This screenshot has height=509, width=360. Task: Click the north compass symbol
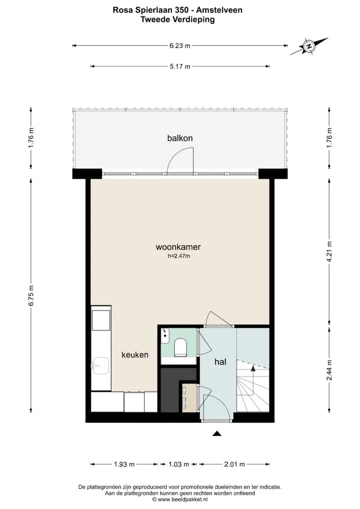coord(309,46)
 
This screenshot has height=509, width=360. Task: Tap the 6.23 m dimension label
coord(180,46)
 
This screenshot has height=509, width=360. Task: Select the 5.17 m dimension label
coord(180,66)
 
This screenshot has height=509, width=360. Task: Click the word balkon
coord(180,138)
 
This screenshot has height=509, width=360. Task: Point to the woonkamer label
coord(178,247)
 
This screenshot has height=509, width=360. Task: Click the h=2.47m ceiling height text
coord(178,256)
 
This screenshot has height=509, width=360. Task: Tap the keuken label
coord(134,355)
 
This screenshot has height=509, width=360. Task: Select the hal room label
coord(220,361)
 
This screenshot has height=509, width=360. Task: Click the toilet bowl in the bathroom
coord(179,347)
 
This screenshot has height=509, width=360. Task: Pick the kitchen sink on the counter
coord(100,366)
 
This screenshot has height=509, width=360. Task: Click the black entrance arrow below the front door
coord(217,433)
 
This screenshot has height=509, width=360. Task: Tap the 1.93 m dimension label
coord(124,464)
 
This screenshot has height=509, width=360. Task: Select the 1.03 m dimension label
coord(178,464)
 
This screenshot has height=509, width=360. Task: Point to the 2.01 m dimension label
coord(234,464)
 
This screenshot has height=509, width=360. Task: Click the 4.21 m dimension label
coord(329,252)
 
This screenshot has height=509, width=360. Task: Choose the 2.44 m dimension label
coord(329,370)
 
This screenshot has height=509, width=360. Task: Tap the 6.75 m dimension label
coord(31,295)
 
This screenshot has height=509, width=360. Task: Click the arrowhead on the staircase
coord(253,368)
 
